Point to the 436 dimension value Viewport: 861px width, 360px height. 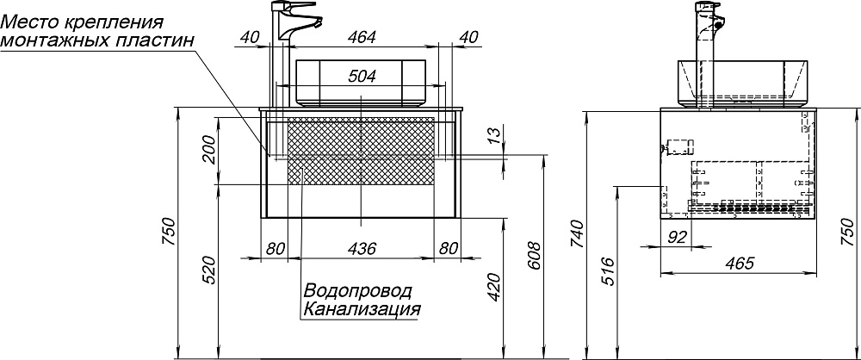[362, 248]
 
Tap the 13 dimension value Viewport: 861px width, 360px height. [493, 133]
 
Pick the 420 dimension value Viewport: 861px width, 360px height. [494, 286]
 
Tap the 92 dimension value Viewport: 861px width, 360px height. [678, 238]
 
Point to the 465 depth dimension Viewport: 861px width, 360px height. [739, 264]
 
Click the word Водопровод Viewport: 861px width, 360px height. [357, 290]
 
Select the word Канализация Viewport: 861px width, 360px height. [362, 308]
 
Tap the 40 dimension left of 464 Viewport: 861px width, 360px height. [250, 37]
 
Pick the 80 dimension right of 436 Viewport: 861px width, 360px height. [449, 248]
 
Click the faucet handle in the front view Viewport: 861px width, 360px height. [301, 5]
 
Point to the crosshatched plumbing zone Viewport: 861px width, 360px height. [362, 151]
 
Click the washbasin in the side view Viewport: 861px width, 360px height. [742, 83]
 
